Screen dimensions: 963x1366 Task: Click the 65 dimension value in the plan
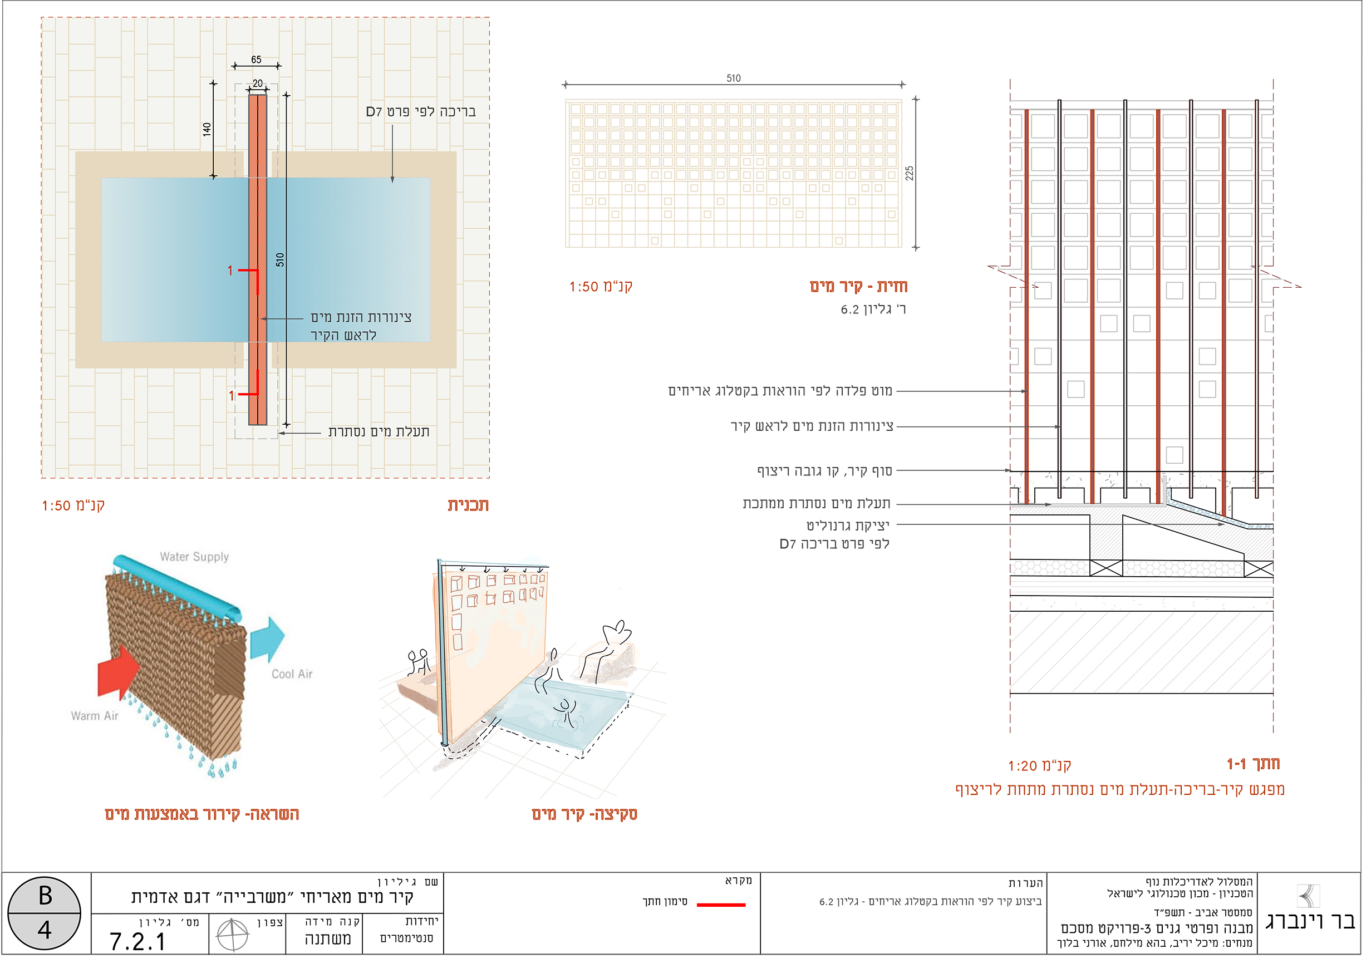click(x=256, y=60)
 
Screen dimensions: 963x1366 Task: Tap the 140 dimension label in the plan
click(x=207, y=129)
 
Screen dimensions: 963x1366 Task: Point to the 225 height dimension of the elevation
click(x=909, y=173)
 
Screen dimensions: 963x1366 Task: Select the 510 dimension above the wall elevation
click(x=734, y=78)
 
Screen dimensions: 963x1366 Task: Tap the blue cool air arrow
click(x=268, y=639)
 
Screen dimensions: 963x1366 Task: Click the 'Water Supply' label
click(x=194, y=557)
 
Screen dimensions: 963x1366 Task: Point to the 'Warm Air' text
click(x=95, y=715)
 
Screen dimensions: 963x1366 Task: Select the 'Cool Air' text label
click(x=292, y=674)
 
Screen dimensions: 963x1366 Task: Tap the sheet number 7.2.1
click(x=137, y=941)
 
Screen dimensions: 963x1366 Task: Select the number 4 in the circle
click(x=45, y=930)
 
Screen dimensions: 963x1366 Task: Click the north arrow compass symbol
click(x=233, y=935)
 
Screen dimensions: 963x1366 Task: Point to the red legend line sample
click(x=721, y=905)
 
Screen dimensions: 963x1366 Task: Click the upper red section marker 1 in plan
click(x=230, y=271)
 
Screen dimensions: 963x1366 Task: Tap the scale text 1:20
click(x=1023, y=766)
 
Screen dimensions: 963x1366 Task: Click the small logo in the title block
click(x=1308, y=896)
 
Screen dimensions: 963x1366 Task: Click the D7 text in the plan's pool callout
click(x=374, y=112)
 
